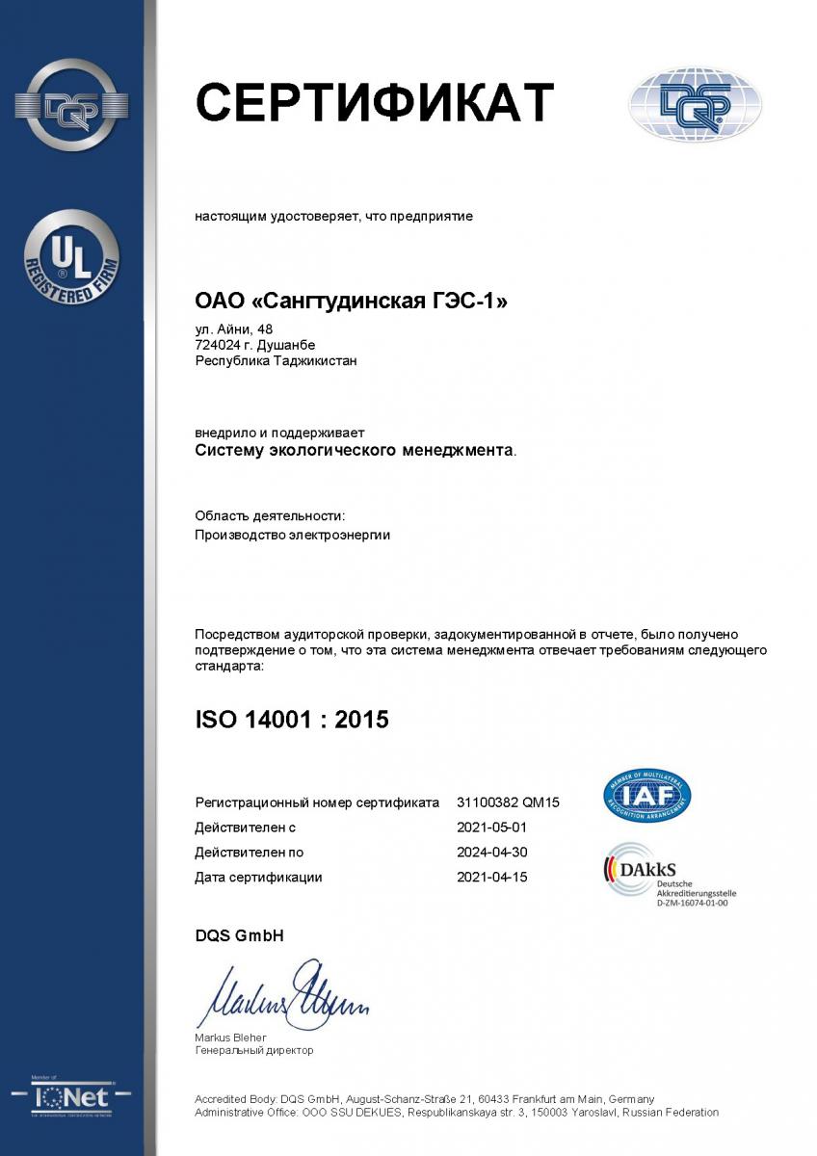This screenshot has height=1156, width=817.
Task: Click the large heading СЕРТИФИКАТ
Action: tap(375, 101)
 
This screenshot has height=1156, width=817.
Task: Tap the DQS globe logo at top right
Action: tap(695, 104)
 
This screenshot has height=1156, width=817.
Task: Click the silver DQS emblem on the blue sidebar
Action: tap(71, 107)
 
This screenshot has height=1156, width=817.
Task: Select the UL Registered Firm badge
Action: tap(71, 257)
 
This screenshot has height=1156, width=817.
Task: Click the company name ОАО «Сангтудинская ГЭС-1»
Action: tap(351, 302)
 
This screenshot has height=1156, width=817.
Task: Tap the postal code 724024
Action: tap(219, 345)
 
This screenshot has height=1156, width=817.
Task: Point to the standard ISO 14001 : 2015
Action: tap(292, 719)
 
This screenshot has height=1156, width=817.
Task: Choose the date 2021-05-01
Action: tap(491, 828)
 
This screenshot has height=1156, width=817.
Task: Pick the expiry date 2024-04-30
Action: tap(491, 853)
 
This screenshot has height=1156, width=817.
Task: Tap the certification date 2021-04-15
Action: tap(491, 878)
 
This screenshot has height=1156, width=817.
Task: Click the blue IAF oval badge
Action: tap(646, 796)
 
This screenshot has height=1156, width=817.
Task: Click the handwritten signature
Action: tap(284, 994)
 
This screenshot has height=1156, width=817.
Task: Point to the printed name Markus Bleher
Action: tap(230, 1038)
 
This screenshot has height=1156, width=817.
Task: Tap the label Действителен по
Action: tap(249, 853)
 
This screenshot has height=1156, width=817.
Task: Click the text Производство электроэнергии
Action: tap(292, 535)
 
